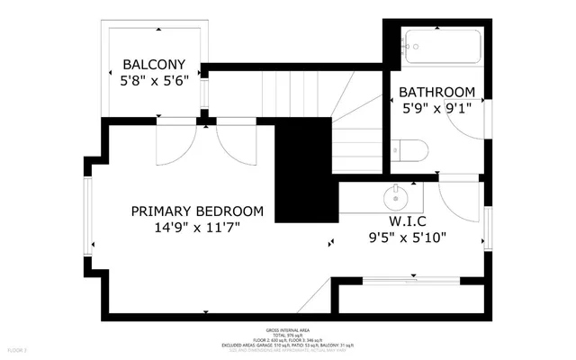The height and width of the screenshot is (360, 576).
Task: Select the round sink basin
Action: pos(396,194)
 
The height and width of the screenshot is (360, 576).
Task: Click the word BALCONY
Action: pos(154,65)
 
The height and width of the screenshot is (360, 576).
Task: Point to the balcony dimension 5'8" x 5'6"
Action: pos(154,80)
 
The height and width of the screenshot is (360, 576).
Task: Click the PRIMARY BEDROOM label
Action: pos(197,211)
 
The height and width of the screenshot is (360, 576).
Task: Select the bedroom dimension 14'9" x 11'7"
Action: pos(197,228)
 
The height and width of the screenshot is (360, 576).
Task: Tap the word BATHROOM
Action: pos(436,92)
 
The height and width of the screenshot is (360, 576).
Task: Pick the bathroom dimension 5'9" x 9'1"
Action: pos(436,107)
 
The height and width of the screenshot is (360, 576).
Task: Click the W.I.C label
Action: pos(407,221)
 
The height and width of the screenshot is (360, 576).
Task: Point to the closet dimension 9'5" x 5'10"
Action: pos(407,238)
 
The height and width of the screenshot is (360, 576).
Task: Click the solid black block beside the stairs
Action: pos(302,171)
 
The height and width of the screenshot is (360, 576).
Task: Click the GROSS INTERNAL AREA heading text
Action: pos(288,330)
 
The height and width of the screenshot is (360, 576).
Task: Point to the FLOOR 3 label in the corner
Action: pos(17,348)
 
